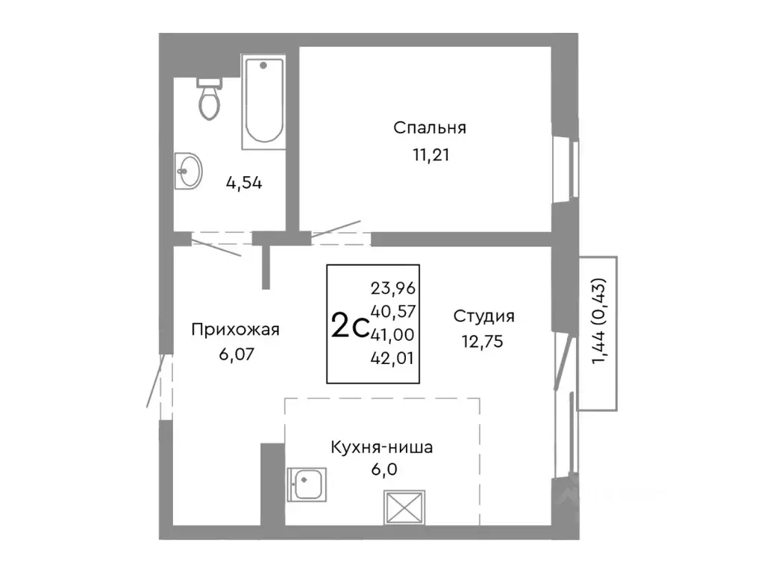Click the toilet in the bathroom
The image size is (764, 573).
coord(210,99)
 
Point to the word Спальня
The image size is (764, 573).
coord(430,128)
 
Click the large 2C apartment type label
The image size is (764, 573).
coord(348,326)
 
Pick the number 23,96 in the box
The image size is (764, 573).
coord(392,286)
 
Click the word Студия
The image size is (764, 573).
coord(483,316)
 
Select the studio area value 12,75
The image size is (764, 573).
coord(483,342)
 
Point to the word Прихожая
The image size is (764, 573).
coord(235,329)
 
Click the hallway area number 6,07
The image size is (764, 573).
coord(235,354)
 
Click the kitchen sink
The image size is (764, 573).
coord(307,484)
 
